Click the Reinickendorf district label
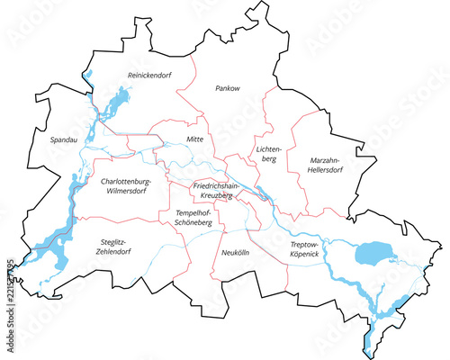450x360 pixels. point(149,75)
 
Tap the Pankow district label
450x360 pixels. point(226,88)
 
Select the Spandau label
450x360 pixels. point(52,140)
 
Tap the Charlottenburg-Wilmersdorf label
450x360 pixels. point(125,185)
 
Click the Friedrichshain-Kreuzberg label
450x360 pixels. point(216,190)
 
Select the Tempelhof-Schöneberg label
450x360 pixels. point(186,216)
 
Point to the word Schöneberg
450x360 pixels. point(186,221)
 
